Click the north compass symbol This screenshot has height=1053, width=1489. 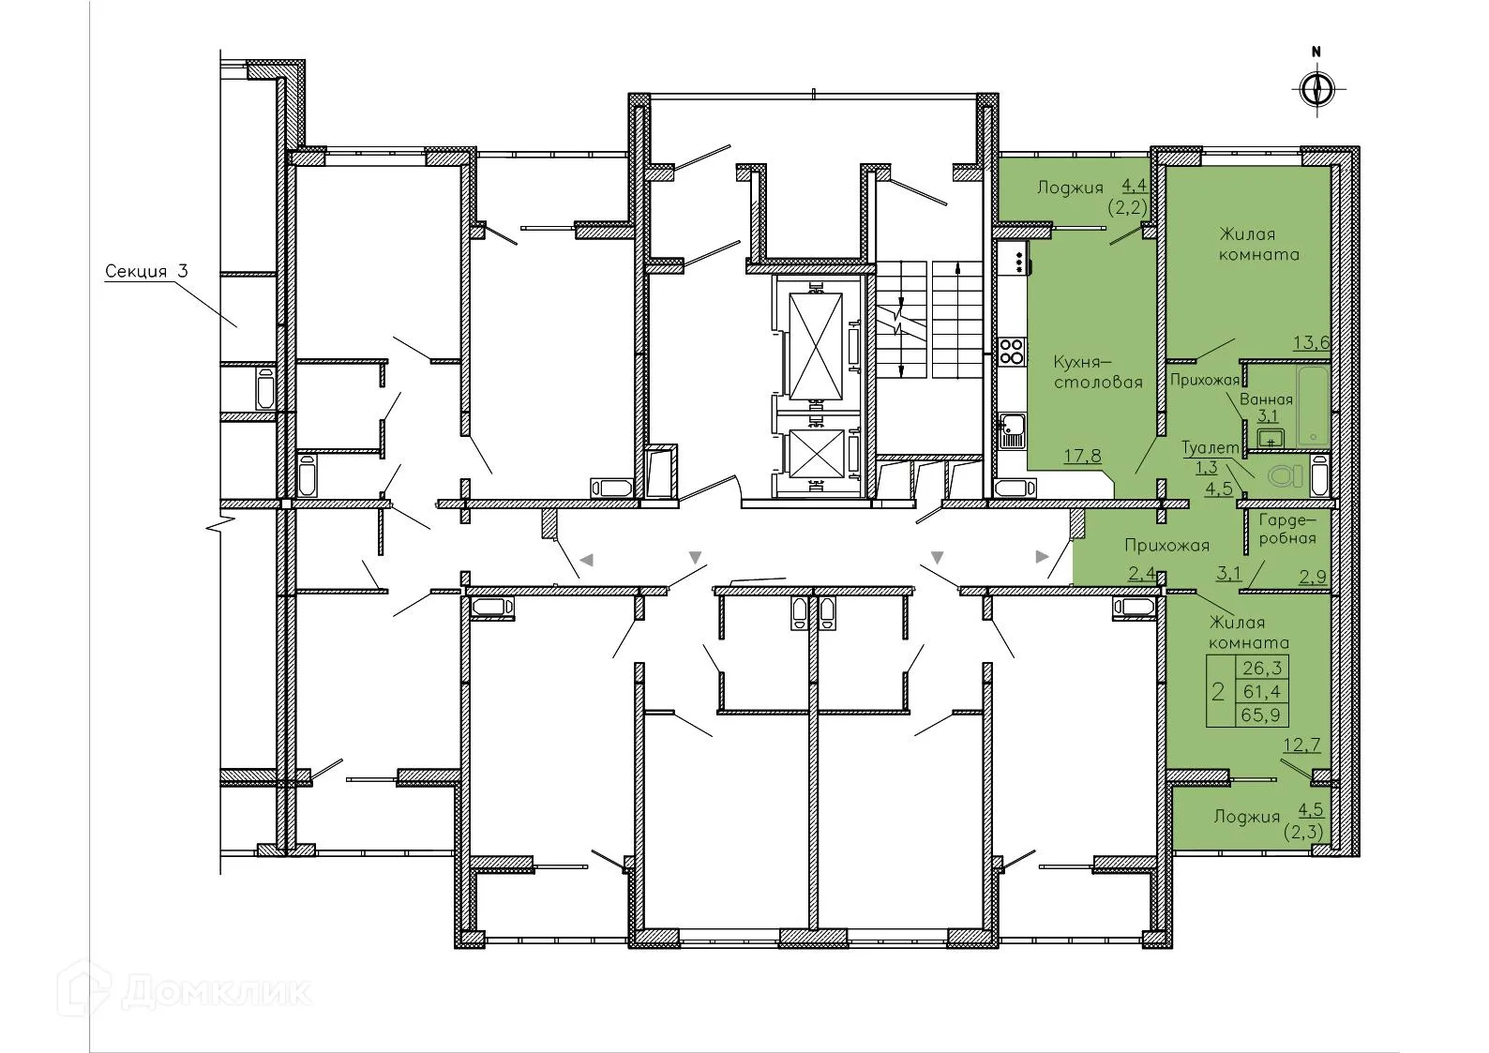click(1317, 90)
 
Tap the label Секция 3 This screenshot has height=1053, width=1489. click(146, 272)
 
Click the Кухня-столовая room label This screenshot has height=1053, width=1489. click(1084, 371)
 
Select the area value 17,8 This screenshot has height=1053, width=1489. click(1082, 456)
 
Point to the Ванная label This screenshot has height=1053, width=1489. click(1266, 399)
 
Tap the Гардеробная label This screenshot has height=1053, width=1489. click(1286, 529)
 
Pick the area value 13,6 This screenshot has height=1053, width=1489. click(1312, 342)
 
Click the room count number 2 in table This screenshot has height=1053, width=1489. click(1218, 692)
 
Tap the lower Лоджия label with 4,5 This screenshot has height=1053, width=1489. click(1246, 816)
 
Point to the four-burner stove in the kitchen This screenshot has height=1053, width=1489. click(1011, 352)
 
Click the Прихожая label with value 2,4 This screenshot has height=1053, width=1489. click(1166, 545)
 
